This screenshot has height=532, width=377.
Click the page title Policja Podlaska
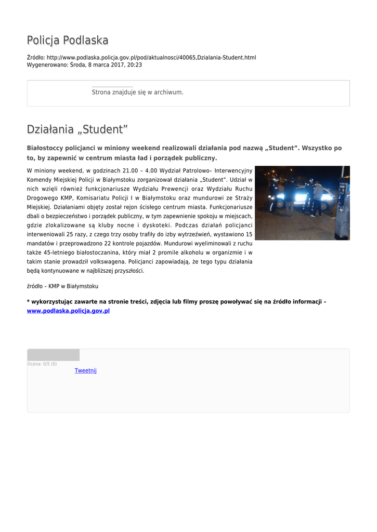coord(68,41)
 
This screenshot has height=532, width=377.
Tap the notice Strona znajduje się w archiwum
coord(137,92)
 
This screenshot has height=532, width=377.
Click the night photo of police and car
coord(302,203)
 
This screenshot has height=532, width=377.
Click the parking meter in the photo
coord(343,208)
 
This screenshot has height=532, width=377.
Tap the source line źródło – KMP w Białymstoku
coord(62,286)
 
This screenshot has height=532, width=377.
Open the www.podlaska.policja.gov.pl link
coord(68,311)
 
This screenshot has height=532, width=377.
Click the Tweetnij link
coord(85,370)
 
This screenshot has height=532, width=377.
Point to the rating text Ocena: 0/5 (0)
coord(42,364)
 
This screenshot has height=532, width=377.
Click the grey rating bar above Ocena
coord(53,355)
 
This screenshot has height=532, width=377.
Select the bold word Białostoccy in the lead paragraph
coord(49,148)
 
